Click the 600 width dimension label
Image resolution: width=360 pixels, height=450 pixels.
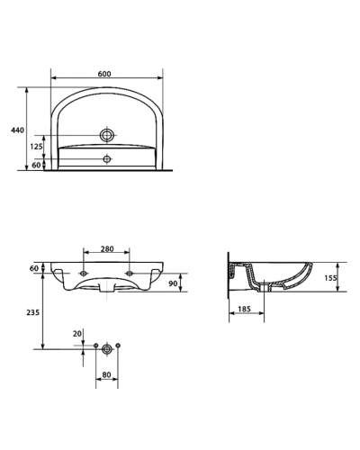[104, 74]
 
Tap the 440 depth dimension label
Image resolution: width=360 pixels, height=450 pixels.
[17, 130]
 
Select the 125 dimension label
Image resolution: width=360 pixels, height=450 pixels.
[36, 146]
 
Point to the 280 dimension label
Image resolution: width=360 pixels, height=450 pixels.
[107, 248]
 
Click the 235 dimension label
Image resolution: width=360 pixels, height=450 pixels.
[33, 312]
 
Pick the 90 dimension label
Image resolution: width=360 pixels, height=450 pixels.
[173, 283]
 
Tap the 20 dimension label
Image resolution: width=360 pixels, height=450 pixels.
[77, 333]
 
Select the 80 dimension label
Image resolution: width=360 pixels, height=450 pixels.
[106, 375]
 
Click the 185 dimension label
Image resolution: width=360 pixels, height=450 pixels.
[244, 309]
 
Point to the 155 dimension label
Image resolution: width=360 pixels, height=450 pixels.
[330, 277]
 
